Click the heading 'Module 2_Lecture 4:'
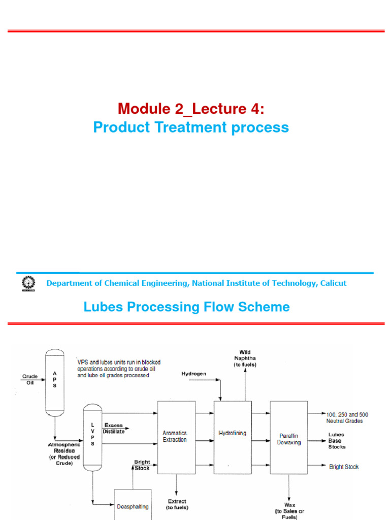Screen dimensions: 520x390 point(191,108)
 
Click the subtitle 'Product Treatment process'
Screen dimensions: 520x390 point(191,127)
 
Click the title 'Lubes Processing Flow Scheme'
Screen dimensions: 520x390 point(186,307)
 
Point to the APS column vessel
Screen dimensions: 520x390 point(55,379)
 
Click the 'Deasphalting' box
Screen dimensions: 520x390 point(133,505)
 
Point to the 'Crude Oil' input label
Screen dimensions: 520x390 point(30,379)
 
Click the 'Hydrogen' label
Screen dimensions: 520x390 point(194,374)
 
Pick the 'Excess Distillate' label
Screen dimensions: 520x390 point(114,428)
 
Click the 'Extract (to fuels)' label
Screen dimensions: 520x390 point(177,504)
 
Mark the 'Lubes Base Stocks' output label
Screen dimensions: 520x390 point(337,441)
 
